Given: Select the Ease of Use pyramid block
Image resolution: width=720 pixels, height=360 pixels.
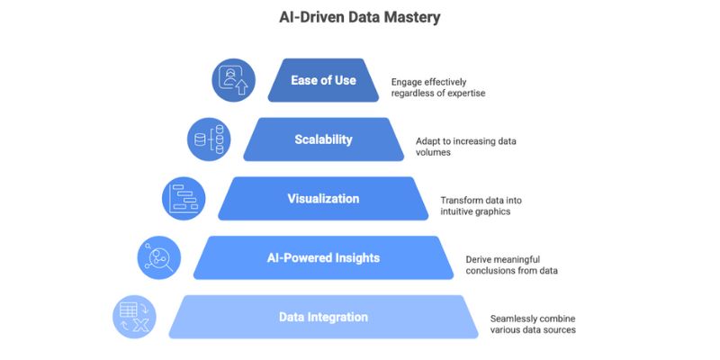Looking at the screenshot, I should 323,80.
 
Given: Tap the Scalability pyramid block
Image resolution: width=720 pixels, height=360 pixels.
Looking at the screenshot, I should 323,139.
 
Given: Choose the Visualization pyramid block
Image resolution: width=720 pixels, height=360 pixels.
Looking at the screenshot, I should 323,198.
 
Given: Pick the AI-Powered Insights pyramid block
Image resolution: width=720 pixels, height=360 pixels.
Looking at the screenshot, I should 323,257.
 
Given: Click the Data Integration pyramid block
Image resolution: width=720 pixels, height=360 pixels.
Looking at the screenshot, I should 323,317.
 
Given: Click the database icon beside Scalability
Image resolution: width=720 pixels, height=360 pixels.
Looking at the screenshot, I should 209,139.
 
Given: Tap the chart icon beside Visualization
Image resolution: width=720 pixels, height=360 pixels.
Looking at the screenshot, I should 184,198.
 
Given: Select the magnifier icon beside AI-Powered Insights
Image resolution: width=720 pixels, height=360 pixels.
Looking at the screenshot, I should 159,257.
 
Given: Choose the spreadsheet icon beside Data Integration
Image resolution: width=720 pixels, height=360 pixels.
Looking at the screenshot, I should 135,318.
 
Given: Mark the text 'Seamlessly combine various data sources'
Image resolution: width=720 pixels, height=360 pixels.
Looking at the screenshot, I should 533,324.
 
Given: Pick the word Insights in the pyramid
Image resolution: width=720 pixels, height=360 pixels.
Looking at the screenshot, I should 353,257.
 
